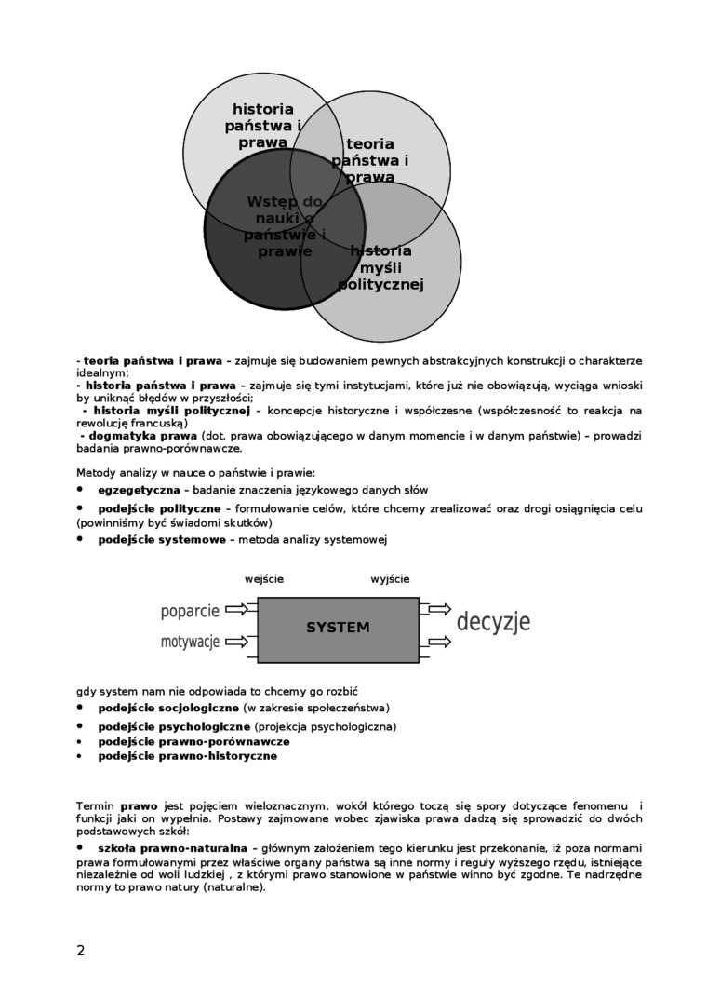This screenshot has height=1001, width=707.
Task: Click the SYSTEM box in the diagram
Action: [x=338, y=629]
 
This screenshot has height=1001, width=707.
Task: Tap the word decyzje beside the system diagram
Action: [x=493, y=622]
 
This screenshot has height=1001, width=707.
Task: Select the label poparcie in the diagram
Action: [x=190, y=611]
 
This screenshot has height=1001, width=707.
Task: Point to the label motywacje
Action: [x=190, y=642]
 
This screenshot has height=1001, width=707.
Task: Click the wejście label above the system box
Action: [x=264, y=579]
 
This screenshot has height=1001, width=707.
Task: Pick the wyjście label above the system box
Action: [x=390, y=579]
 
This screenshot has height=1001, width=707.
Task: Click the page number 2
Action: [x=81, y=951]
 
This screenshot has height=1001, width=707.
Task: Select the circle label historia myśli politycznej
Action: [x=380, y=268]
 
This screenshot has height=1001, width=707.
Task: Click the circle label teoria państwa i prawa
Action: [x=370, y=160]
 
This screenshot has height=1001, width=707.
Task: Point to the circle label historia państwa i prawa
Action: [x=263, y=126]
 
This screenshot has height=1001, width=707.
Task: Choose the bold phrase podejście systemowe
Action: [x=162, y=540]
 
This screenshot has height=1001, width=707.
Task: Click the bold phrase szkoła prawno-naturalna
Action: [x=172, y=849]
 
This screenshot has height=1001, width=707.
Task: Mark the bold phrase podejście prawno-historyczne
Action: [x=188, y=756]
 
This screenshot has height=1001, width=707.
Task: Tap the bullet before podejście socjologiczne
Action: [x=80, y=707]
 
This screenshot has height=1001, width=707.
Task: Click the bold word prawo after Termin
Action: [x=139, y=805]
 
